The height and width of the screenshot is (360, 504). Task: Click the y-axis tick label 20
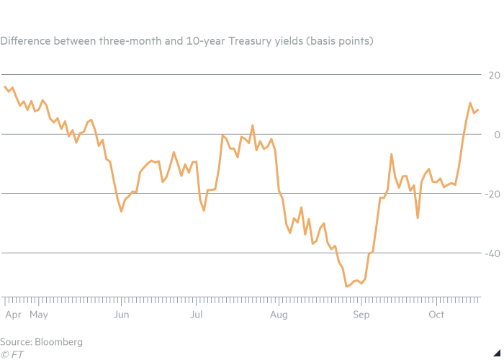click(495, 75)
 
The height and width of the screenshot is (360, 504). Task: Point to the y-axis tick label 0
click(496, 135)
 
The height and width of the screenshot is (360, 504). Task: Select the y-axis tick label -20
click(493, 194)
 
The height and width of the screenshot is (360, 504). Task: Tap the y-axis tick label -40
click(493, 253)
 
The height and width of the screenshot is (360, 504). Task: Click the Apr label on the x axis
click(12, 315)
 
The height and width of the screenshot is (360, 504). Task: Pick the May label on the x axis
click(38, 315)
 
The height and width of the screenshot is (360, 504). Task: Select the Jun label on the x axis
click(121, 315)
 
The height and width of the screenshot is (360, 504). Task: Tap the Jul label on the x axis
click(195, 315)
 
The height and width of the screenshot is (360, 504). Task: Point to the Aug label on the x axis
click(279, 315)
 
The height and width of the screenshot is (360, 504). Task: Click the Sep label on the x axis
click(361, 315)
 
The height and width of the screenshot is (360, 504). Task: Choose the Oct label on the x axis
click(436, 315)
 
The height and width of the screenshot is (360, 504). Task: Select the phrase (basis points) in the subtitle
click(340, 41)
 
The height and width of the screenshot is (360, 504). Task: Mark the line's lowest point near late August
click(346, 287)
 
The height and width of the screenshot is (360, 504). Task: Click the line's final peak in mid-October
click(470, 103)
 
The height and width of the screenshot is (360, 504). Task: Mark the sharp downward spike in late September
click(418, 217)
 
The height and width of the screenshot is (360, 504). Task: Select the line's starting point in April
click(5, 86)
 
